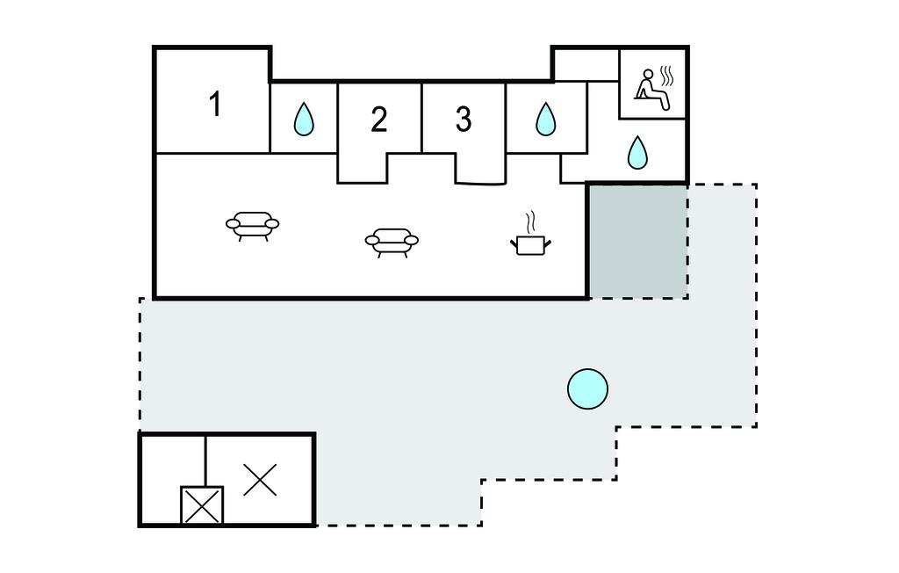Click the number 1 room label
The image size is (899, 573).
(215, 105)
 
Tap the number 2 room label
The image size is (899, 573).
(378, 120)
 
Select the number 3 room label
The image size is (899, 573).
(464, 119)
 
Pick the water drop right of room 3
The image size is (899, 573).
(545, 119)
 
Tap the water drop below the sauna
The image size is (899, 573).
(637, 153)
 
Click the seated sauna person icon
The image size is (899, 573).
(651, 91)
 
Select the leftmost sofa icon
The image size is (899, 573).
(252, 225)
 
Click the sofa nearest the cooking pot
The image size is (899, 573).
(392, 241)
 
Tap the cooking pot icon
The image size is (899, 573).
(529, 243)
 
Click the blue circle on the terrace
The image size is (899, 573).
(587, 388)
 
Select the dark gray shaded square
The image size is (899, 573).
(637, 241)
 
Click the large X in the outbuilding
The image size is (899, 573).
(260, 480)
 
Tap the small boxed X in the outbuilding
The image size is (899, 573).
(202, 506)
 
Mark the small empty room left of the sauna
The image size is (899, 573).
(586, 63)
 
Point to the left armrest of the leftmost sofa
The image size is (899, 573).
(234, 224)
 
